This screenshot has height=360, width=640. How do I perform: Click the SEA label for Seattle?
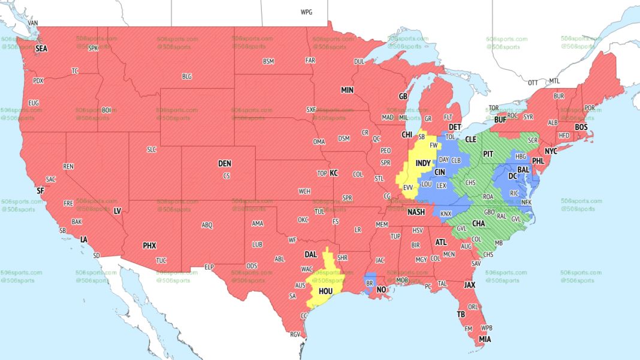(41, 49)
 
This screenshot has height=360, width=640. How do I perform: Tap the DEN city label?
(224, 164)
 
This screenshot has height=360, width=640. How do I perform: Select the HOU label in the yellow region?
(325, 291)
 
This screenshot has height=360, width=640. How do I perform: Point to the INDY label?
(423, 163)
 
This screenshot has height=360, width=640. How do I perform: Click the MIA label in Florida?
(485, 339)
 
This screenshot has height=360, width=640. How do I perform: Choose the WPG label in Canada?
(306, 12)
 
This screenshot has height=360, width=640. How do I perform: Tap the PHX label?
(149, 246)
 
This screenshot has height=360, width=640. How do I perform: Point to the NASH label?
(416, 212)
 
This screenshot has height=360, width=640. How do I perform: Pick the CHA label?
(478, 223)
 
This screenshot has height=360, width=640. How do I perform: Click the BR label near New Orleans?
(369, 282)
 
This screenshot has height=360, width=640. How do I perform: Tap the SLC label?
(151, 149)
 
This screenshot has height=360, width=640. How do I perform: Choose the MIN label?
(348, 90)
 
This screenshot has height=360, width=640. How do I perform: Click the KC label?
(334, 173)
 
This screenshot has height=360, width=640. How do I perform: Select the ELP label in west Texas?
(209, 267)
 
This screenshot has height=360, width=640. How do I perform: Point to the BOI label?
(107, 110)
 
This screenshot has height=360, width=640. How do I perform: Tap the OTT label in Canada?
(533, 82)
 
